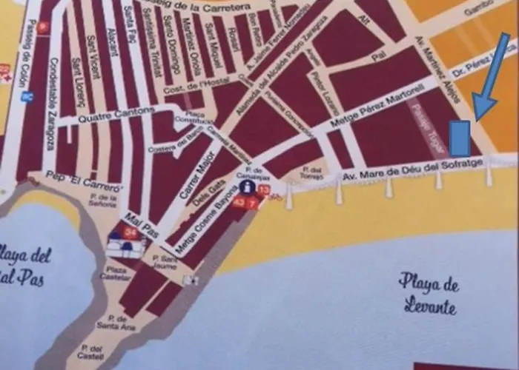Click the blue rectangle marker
point(460,138)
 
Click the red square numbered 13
point(263,190)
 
